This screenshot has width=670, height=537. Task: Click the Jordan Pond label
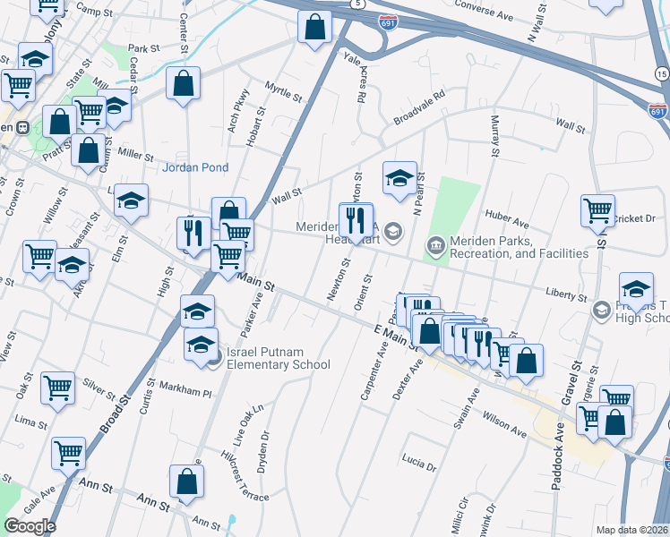195,167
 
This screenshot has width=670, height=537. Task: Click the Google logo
30,526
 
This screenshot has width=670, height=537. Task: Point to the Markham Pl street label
185,392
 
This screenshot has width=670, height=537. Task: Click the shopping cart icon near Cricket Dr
597,211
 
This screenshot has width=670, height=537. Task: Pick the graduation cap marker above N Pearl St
399,178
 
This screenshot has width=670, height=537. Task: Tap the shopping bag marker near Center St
184,84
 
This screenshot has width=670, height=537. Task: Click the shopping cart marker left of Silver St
57,388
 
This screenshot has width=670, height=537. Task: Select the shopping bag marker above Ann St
185,483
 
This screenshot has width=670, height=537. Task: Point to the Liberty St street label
567,296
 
